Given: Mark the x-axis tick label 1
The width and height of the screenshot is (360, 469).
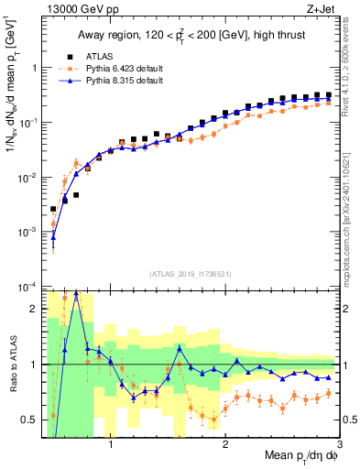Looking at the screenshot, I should (111, 443).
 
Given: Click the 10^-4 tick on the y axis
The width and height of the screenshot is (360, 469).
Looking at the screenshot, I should (29, 286).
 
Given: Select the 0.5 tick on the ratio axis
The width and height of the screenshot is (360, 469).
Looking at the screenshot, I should (30, 420).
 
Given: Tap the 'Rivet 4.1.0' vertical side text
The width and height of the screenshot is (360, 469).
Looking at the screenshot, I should (349, 82).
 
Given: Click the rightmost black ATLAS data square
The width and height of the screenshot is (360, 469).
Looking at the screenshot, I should (328, 94).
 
